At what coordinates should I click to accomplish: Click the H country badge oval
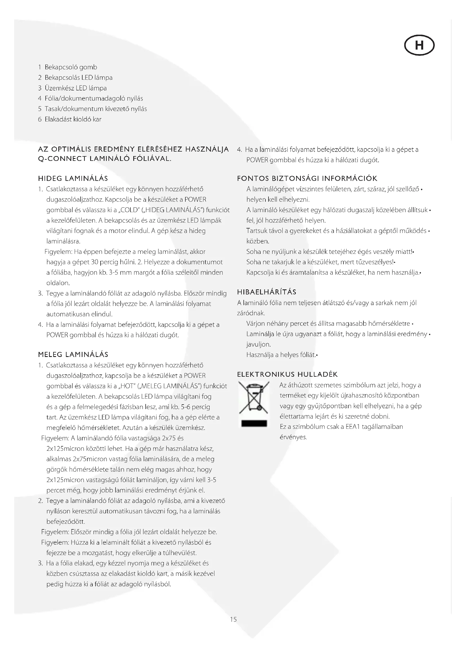coord(419,45)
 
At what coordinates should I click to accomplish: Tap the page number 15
coord(233,619)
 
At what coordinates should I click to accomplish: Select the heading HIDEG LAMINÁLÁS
coord(73,179)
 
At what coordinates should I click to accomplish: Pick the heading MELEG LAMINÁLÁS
coord(73,354)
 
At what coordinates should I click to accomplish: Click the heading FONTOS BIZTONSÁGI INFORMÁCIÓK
coord(307,179)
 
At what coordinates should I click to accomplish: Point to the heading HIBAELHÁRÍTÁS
coord(267,292)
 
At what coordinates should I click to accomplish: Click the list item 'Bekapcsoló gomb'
coord(71,67)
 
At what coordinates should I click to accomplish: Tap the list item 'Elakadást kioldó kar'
coord(73,119)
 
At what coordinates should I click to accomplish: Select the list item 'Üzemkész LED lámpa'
coord(76,88)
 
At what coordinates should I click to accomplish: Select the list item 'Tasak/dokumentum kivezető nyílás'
coord(96,109)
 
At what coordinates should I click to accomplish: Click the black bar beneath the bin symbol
coord(254,424)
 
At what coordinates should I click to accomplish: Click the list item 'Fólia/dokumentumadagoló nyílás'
coord(94,98)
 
